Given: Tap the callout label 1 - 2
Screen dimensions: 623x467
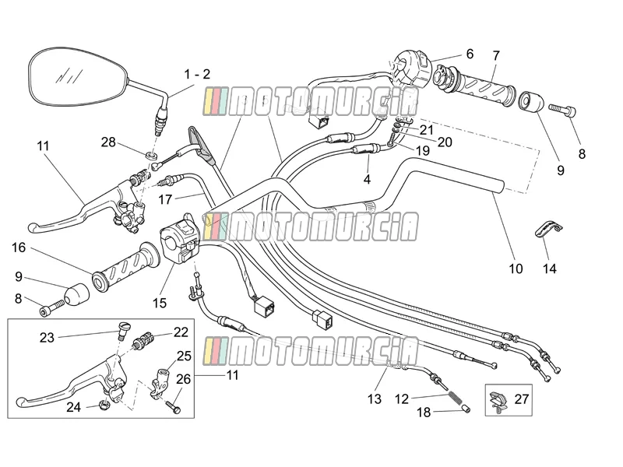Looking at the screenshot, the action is coord(197,74).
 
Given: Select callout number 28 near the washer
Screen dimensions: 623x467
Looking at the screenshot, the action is coord(108,142).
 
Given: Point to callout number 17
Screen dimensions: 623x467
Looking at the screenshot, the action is coord(165,199).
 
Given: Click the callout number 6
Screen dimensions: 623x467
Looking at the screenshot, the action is coord(470,54).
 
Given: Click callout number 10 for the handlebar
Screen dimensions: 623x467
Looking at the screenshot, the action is coord(516,269).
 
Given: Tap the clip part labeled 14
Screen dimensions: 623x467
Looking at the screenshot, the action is coord(549,230).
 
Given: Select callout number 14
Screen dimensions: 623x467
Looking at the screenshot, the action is coord(550,269).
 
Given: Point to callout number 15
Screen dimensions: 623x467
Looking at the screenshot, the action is coord(160,303).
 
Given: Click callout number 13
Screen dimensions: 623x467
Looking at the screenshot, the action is coord(375,399).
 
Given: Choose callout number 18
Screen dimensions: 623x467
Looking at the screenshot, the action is coord(424,413).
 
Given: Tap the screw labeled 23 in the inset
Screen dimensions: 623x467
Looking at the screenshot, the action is coord(121,329).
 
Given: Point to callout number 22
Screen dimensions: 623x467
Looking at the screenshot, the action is coord(181,332).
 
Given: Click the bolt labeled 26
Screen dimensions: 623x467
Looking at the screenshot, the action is coord(173,407).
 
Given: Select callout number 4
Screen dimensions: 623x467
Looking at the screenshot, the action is coord(367,179).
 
